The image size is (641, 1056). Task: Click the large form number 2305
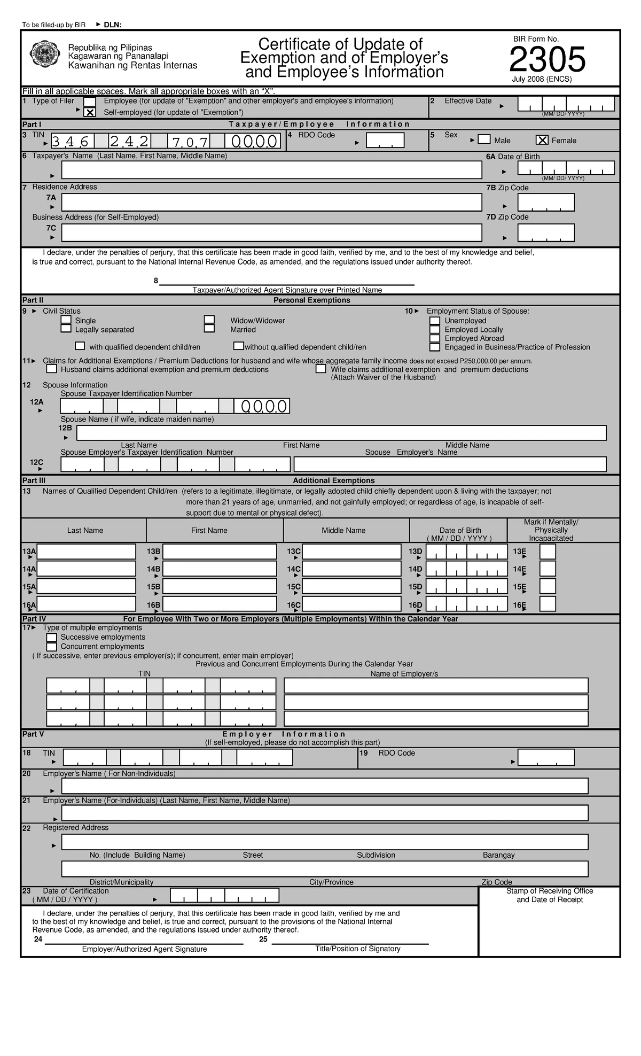point(547,59)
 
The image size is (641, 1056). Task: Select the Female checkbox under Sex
point(542,140)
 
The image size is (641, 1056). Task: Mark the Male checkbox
point(484,140)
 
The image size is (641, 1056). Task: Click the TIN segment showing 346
point(73,141)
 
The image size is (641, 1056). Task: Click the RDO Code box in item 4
point(385,141)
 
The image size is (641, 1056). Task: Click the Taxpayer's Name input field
point(271,170)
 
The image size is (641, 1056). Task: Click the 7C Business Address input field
point(271,233)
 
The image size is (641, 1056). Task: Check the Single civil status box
point(66,320)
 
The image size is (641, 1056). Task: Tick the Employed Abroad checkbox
point(435,338)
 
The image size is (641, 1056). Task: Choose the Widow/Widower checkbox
point(209,320)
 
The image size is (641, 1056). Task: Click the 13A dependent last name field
point(87,552)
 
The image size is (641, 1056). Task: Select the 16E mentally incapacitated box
point(548,604)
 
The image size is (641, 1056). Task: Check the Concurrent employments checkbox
point(51,647)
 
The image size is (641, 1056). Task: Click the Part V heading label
point(33,734)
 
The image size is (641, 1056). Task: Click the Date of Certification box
point(224,896)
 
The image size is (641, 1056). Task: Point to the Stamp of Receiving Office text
point(549,891)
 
